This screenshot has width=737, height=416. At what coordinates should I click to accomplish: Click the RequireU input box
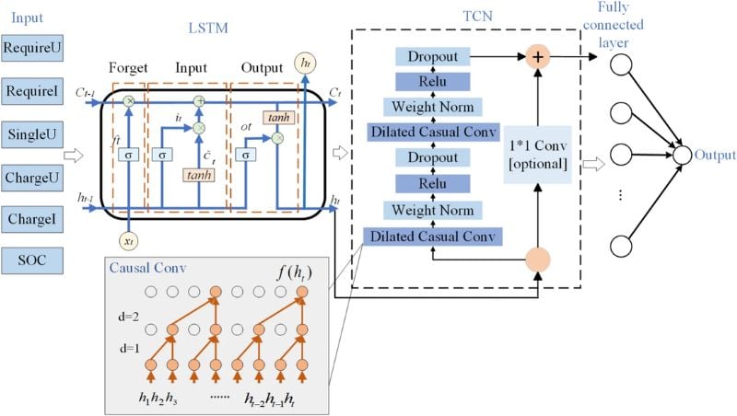point(32,45)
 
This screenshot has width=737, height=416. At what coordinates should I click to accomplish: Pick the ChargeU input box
point(32,177)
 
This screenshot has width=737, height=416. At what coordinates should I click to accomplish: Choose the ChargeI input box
point(32,220)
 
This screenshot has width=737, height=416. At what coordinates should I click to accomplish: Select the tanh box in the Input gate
point(198,175)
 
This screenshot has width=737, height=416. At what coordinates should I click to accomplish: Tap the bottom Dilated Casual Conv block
point(433,237)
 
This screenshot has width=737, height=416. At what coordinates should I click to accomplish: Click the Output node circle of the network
point(682,154)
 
